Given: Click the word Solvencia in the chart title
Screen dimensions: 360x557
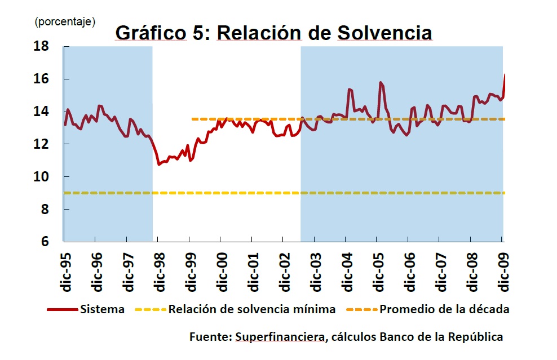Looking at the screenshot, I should click(x=384, y=33).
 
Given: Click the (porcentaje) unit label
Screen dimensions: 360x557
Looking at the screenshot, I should click(x=65, y=21).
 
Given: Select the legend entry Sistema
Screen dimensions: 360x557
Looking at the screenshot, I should click(x=102, y=309).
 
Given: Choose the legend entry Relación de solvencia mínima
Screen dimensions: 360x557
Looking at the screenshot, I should click(x=251, y=309).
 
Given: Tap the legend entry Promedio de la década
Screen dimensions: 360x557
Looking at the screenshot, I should click(x=444, y=309).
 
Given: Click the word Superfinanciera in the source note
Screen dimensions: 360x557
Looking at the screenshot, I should click(x=280, y=337).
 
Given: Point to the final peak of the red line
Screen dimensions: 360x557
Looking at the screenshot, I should click(x=505, y=74).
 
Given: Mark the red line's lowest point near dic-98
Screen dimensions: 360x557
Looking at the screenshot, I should click(x=159, y=164).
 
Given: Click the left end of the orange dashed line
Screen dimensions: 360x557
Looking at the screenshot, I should click(x=193, y=119).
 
